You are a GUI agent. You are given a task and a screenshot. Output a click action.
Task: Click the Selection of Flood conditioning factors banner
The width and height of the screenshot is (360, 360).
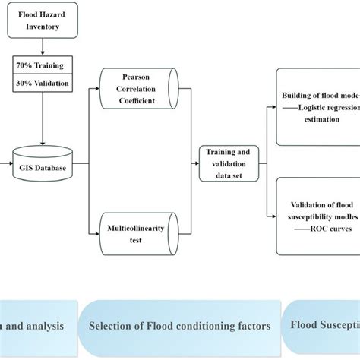[179, 326]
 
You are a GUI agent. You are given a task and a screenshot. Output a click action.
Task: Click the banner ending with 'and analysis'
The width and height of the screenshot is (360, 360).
[38, 326]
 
